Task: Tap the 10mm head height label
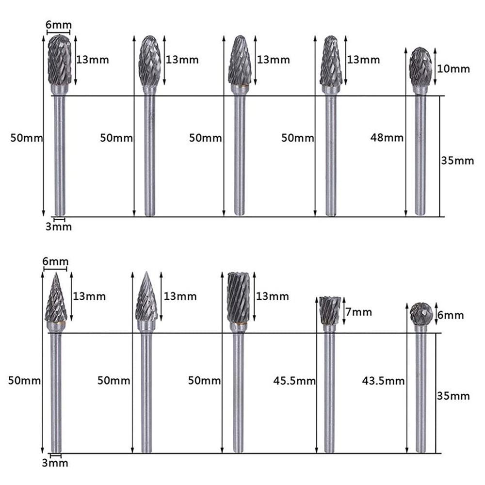pos(454,69)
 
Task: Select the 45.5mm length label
pos(294,381)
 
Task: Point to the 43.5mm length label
pos(383,381)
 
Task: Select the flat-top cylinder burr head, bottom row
pos(238,297)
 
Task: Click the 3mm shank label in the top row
pos(59,226)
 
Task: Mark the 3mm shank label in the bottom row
pos(55,463)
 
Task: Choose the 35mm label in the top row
pos(457,161)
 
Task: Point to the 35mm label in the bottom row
pos(453,396)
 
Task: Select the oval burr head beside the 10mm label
pos(420,67)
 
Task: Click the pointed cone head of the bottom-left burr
pos(56,298)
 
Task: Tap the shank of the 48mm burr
pos(420,155)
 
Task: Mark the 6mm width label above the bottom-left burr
pos(55,262)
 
